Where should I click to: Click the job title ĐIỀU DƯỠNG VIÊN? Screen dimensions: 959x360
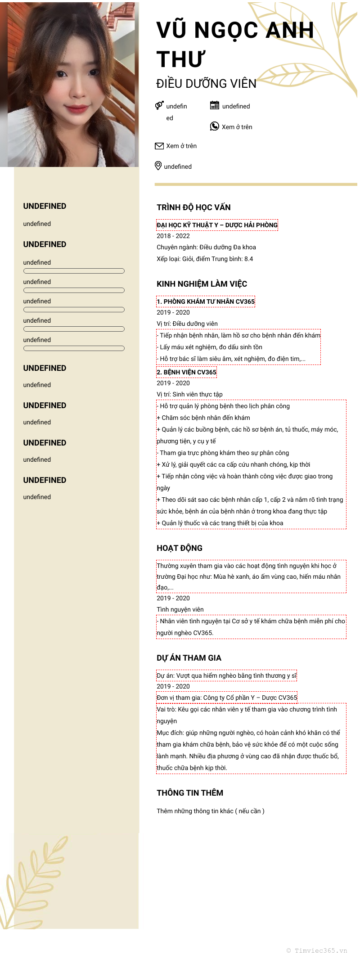206,84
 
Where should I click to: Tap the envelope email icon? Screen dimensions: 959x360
159,146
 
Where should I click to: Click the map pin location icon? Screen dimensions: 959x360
158,166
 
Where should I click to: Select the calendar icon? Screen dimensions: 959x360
215,105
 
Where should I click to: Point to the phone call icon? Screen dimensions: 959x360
215,126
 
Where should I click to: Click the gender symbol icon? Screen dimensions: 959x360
159,105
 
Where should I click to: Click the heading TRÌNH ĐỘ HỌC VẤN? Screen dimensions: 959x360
193,207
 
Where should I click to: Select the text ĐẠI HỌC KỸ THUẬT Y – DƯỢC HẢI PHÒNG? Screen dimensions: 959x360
217,225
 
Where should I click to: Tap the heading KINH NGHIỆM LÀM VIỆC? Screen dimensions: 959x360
202,284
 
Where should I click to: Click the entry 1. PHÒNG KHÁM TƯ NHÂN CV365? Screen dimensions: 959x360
206,302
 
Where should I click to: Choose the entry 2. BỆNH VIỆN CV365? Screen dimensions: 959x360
187,372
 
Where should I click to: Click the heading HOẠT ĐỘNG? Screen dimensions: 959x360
180,548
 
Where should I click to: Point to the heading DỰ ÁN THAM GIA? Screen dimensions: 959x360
189,658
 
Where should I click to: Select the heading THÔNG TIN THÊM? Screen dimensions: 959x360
190,793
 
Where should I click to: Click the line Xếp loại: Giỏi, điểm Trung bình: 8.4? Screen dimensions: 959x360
205,259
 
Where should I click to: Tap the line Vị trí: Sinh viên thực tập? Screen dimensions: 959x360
189,394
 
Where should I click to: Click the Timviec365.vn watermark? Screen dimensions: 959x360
317,950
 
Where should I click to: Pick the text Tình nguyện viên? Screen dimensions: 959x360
180,609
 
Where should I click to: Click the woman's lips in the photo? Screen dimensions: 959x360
75,108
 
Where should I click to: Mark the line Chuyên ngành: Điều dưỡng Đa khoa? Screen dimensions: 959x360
206,247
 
